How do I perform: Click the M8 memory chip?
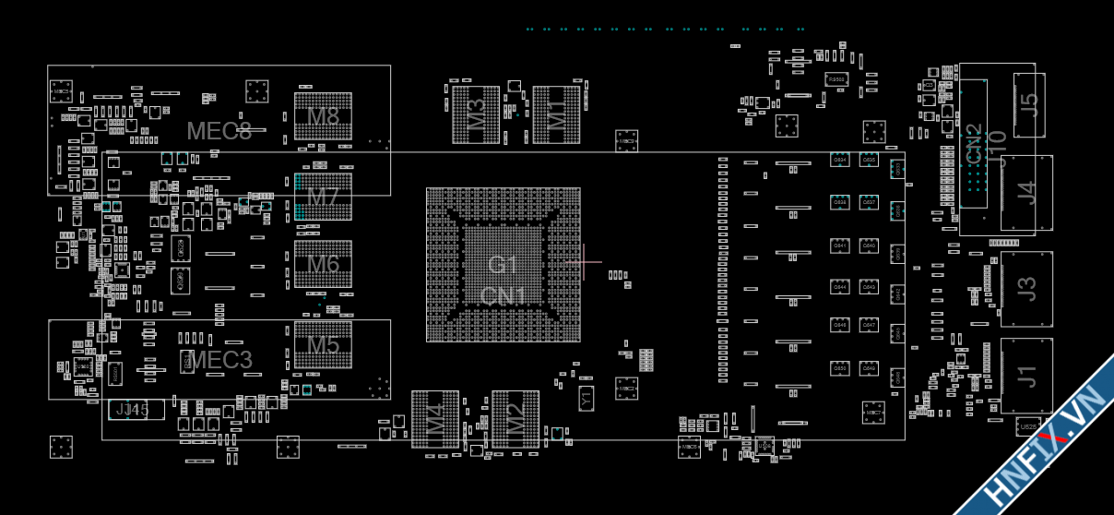323,117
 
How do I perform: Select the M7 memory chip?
323,197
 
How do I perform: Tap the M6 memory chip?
323,264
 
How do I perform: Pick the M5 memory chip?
323,345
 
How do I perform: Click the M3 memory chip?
476,114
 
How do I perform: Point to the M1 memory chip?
557,114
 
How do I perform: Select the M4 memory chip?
434,419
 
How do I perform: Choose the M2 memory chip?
516,419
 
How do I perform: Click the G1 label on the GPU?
503,265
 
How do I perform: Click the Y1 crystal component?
585,399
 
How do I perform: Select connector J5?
1029,104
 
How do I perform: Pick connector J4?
1026,193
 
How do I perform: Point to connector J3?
1026,288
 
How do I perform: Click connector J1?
1026,376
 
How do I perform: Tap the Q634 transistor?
840,160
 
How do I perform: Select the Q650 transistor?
840,368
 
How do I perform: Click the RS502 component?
836,80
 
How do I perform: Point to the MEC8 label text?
219,130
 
